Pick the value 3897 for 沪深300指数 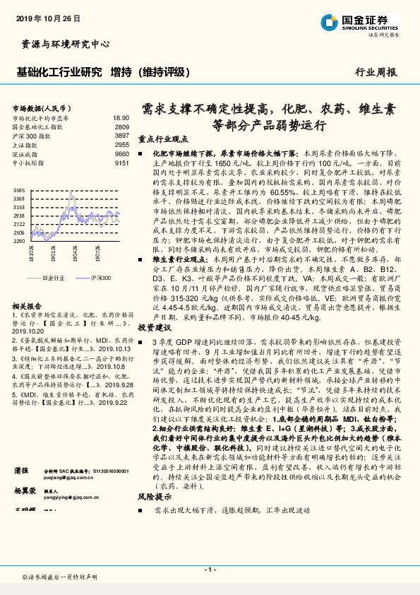(x=122, y=135)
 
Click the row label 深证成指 (x=25, y=153)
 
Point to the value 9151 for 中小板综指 (x=122, y=162)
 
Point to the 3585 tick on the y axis (x=20, y=191)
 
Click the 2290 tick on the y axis (x=20, y=241)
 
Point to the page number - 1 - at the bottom (x=210, y=569)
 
